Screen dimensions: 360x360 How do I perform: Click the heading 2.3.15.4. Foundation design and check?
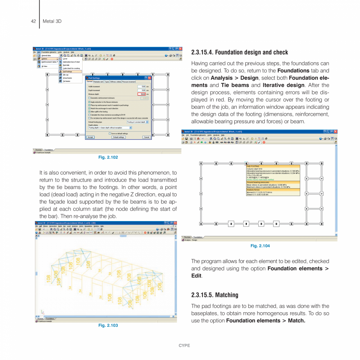[x=239, y=52]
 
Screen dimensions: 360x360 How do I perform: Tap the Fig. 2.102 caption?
[x=108, y=157]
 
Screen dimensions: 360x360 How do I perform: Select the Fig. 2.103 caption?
[x=108, y=325]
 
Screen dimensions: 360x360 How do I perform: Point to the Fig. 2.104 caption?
[x=260, y=246]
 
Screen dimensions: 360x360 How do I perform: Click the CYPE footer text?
[x=184, y=346]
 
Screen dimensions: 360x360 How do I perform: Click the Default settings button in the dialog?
[x=119, y=137]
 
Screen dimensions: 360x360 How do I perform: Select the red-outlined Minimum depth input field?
[x=142, y=94]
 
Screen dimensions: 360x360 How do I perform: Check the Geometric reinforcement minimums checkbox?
[x=90, y=98]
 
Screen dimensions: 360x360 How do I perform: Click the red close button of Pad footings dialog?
[x=149, y=78]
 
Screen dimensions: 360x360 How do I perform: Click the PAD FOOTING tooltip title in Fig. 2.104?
[x=253, y=166]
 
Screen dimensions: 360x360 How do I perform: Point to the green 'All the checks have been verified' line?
[x=263, y=179]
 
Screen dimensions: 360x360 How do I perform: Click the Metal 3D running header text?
[x=52, y=21]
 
